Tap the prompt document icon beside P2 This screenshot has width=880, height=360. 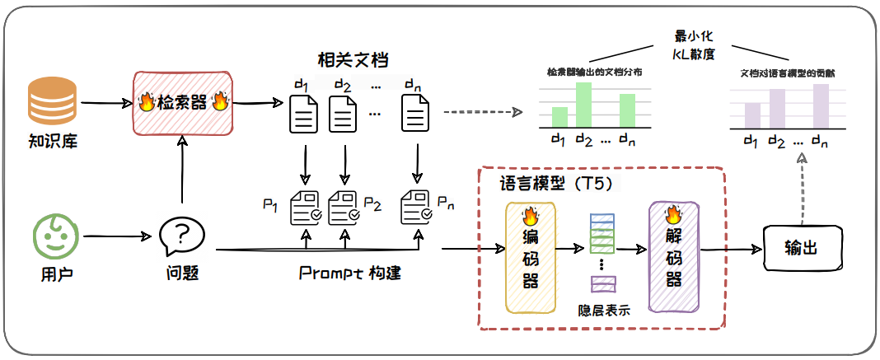[x=345, y=208]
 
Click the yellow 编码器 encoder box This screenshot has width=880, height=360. [x=531, y=258]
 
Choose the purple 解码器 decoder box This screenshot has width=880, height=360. [x=673, y=258]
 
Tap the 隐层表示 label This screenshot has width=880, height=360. [x=605, y=311]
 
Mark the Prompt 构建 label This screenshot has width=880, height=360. [x=349, y=272]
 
